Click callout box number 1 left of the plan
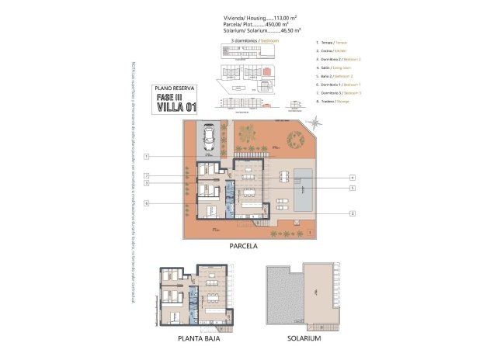[x=146, y=157]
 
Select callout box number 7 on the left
[x=146, y=176]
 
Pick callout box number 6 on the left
[x=146, y=203]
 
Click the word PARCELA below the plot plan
[x=243, y=246]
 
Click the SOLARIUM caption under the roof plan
[x=303, y=339]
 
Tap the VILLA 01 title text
[x=176, y=107]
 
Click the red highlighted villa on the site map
[x=266, y=71]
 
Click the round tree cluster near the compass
[x=296, y=140]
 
